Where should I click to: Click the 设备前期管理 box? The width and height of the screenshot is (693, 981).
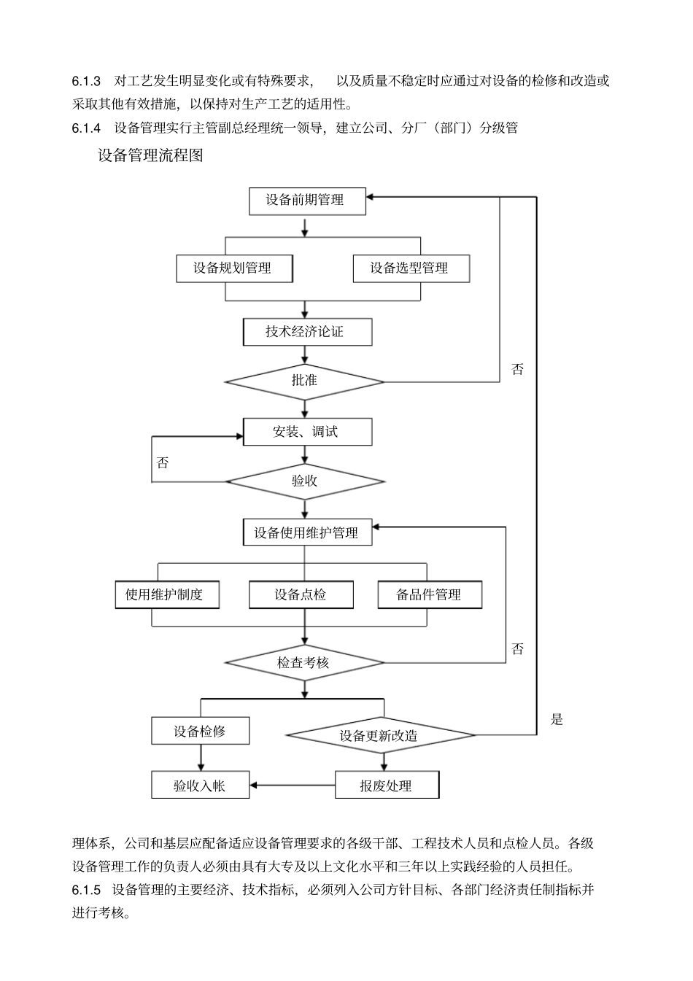306,201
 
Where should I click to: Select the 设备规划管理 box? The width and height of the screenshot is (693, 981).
234,268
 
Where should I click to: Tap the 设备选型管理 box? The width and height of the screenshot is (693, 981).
410,268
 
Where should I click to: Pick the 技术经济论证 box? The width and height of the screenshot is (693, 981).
306,332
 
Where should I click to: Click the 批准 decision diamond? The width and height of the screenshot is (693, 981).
304,381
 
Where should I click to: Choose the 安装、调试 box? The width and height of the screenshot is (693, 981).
306,432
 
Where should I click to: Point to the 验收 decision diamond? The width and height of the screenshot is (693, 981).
304,481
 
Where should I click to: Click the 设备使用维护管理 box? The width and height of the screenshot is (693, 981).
306,532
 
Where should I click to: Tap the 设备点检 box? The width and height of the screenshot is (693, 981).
301,594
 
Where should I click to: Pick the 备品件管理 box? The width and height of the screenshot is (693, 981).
429,594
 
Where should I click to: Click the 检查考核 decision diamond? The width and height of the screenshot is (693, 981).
304,663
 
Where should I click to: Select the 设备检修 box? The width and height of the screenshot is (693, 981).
200,731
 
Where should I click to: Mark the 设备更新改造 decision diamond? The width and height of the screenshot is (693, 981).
379,735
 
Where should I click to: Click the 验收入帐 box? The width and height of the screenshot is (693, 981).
200,786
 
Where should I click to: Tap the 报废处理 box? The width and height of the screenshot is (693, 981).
387,786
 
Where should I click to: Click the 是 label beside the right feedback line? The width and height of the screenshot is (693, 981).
557,720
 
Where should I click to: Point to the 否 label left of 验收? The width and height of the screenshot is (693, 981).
163,463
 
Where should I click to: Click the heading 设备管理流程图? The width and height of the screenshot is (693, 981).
150,155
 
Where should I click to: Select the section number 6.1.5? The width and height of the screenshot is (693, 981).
86,890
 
